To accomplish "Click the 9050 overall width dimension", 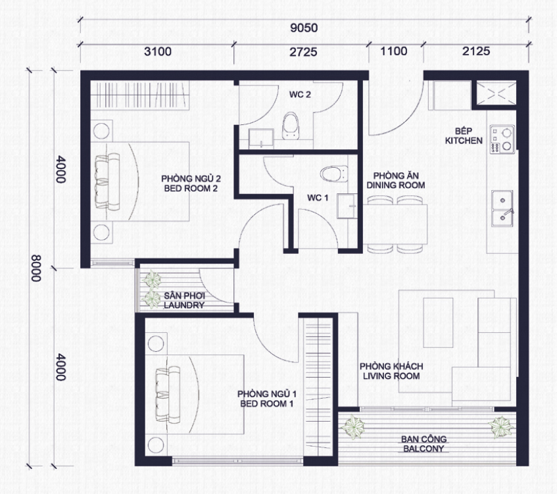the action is point(304,28).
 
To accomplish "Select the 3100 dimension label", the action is point(158,51).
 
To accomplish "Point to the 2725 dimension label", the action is point(303,52).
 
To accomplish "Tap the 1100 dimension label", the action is point(394,51).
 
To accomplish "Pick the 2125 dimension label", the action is point(476,51).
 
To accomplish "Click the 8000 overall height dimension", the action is point(36,268).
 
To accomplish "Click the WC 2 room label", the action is point(300,95).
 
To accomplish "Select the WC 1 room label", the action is point(318,198).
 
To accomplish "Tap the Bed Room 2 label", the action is point(191,184).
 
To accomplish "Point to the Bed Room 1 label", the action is point(267,399).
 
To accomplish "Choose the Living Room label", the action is point(391,371).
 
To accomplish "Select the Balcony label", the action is point(424,444).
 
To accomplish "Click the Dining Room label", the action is point(396,180).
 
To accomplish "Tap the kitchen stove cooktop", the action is point(502,139).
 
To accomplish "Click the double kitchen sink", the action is point(502,209).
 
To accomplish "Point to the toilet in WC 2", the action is point(291,126).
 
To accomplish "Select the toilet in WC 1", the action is point(334,174).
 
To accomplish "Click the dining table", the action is point(395,224).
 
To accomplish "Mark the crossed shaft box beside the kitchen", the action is point(496,93).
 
